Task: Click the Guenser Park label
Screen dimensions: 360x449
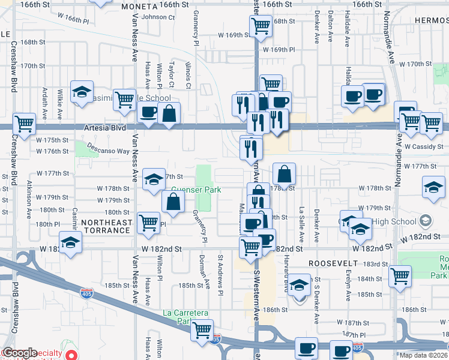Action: (x=196, y=190)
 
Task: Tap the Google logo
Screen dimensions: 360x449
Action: (x=20, y=353)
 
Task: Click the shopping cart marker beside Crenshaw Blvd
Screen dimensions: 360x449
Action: (x=25, y=124)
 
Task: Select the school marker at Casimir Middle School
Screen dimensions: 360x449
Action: (x=82, y=92)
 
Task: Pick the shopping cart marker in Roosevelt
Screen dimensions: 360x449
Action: (x=400, y=275)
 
